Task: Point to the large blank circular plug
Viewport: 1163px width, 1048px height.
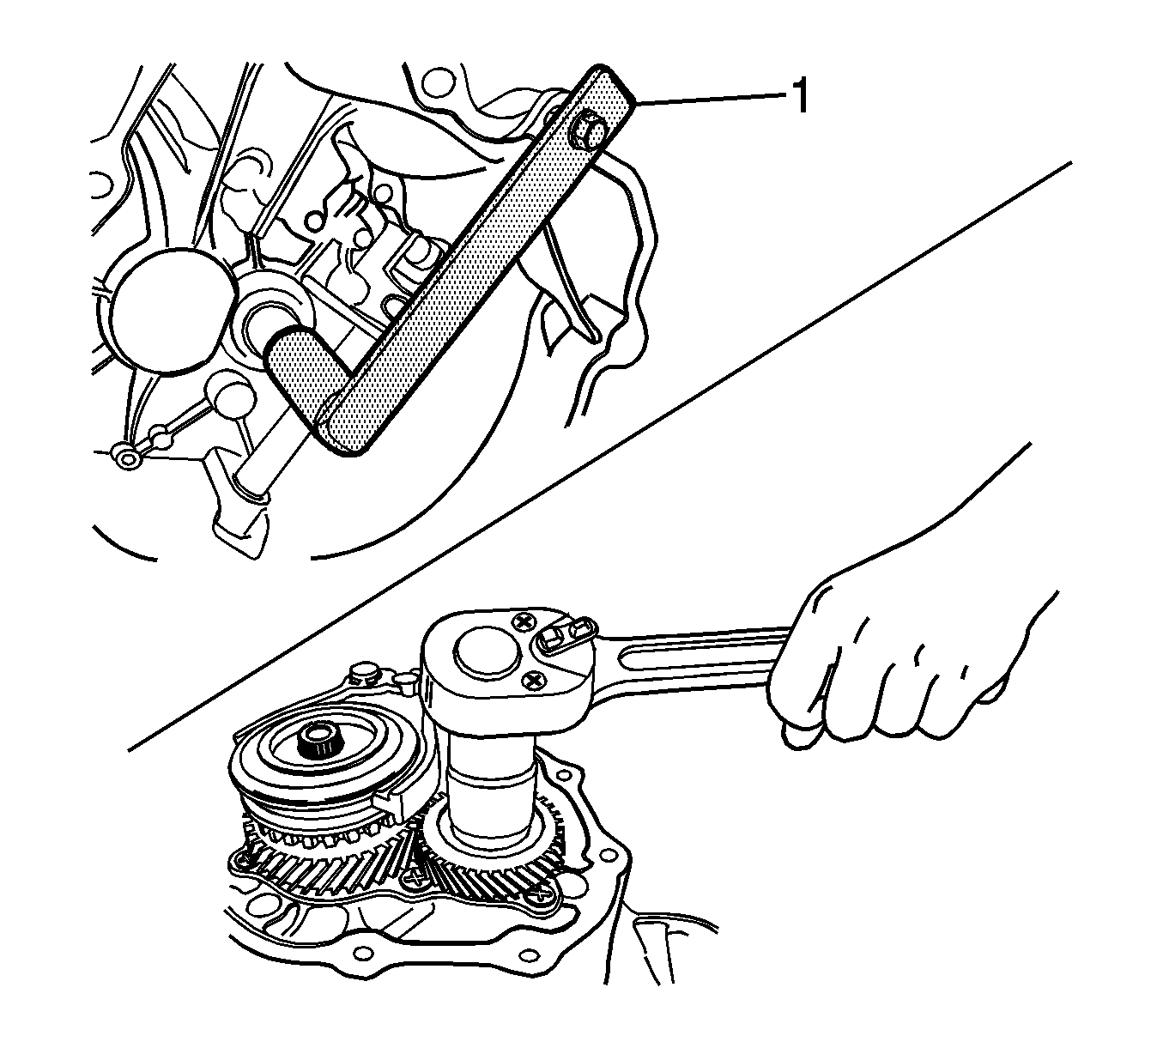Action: tap(166, 312)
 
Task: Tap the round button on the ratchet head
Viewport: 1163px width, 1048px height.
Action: tap(486, 651)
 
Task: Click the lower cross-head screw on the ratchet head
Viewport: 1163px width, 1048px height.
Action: tap(532, 679)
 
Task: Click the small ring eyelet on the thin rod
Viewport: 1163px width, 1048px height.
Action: tap(129, 457)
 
